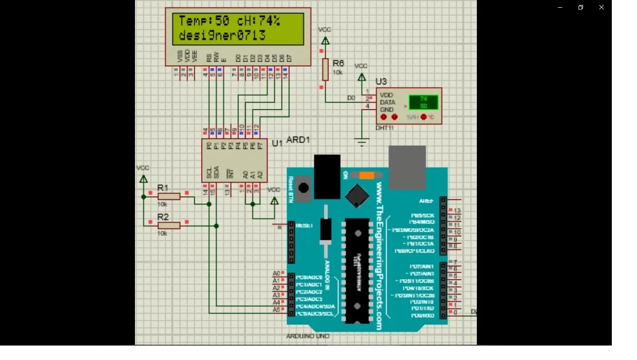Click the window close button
point(601,7)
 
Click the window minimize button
point(560,7)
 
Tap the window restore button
point(581,7)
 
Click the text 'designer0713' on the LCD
point(222,35)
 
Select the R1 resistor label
point(163,188)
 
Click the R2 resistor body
point(169,225)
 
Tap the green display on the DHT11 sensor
point(423,103)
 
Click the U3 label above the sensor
point(381,81)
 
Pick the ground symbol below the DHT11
point(362,143)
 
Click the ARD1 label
point(298,140)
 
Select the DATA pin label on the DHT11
point(387,103)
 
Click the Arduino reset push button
point(304,188)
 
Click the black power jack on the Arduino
point(327,176)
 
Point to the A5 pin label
point(277,310)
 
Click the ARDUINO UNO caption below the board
point(308,336)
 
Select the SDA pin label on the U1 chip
point(216,172)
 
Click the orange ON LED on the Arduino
point(367,175)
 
